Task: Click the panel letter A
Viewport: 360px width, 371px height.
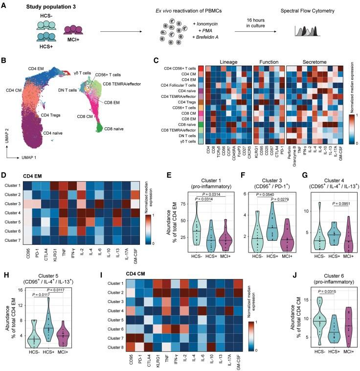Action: pyautogui.click(x=4, y=5)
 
